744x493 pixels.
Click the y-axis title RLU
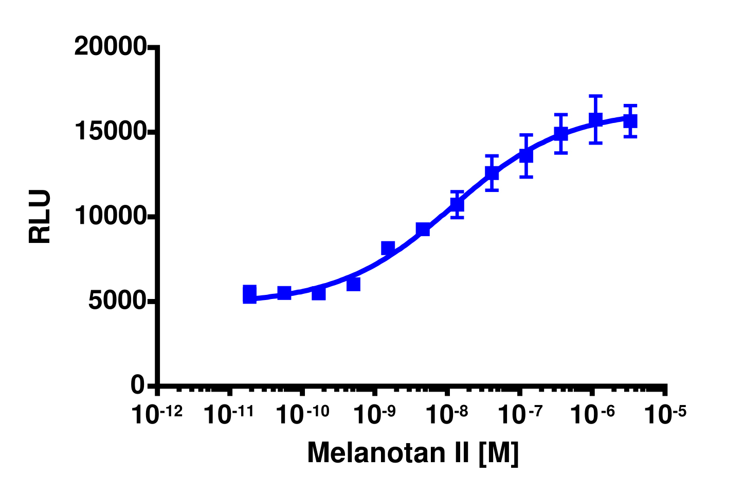pos(40,216)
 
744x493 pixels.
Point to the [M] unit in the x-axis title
pos(498,453)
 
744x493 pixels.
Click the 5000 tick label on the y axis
pos(117,301)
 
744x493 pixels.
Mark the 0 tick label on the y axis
pos(137,385)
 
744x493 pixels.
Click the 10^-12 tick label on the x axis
pos(157,414)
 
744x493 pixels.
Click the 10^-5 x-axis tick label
pos(665,414)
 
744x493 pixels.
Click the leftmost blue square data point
pos(249,294)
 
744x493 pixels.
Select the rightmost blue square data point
pos(630,121)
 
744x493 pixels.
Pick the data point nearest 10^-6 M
pos(595,120)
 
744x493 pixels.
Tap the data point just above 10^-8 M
pos(457,204)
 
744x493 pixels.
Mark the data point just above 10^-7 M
pos(526,155)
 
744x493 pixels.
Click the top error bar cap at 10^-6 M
pos(595,96)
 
